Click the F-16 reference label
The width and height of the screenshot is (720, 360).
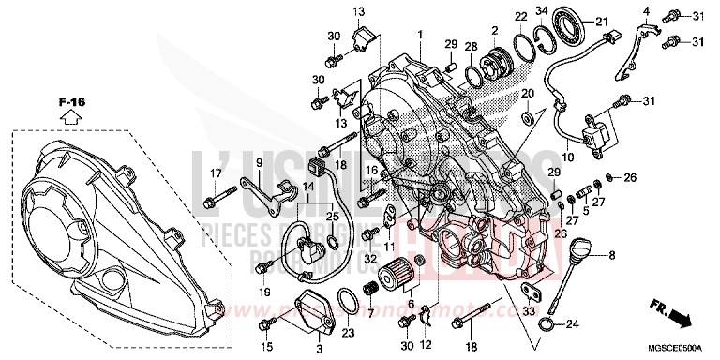click(70, 100)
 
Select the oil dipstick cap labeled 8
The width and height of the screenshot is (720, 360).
click(579, 253)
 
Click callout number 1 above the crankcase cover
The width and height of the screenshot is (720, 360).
click(421, 35)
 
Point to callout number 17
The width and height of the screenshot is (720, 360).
click(215, 172)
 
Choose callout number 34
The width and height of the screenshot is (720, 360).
click(541, 10)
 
